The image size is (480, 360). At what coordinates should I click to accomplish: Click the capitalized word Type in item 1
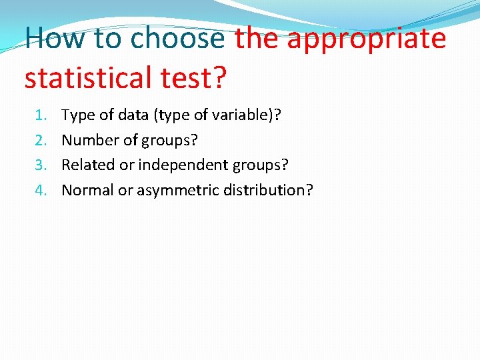[77, 116]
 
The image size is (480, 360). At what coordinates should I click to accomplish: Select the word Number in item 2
[89, 140]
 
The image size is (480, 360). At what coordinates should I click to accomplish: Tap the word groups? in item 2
[170, 141]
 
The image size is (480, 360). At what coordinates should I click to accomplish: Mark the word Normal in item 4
[87, 190]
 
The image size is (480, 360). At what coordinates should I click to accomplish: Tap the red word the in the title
[257, 38]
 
